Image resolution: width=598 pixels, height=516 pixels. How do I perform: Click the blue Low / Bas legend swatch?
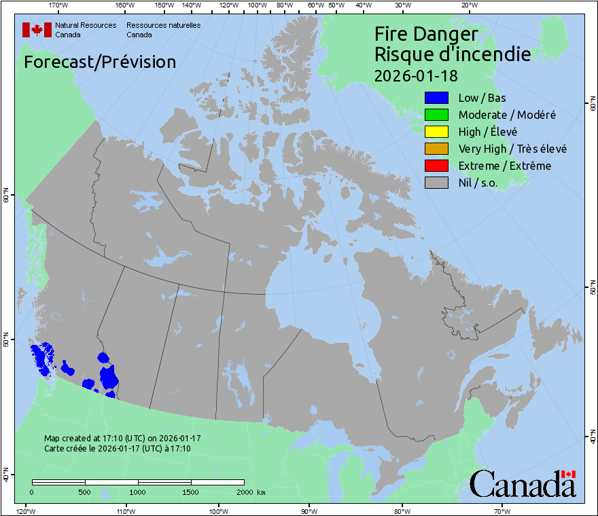[x=436, y=98]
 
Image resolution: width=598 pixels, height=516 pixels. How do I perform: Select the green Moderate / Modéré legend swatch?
[x=436, y=115]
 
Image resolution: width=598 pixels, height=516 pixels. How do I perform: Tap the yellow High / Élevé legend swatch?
[x=436, y=132]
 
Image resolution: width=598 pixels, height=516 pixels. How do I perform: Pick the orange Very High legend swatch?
[x=436, y=149]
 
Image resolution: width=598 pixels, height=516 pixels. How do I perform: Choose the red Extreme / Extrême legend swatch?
[x=436, y=166]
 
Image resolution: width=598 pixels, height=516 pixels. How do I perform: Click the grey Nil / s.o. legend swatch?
[x=436, y=183]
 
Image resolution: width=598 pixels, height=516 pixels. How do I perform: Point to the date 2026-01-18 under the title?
[x=415, y=75]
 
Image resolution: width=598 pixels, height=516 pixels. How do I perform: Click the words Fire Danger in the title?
[x=426, y=34]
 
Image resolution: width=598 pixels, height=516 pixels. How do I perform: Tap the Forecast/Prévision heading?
[x=100, y=62]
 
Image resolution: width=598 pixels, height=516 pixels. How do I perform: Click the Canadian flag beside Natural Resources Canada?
[x=37, y=30]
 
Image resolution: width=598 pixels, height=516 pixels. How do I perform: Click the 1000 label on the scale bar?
[x=138, y=492]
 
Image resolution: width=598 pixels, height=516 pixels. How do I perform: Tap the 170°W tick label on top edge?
[x=58, y=5]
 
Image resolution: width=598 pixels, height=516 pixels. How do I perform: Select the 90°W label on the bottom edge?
[x=309, y=511]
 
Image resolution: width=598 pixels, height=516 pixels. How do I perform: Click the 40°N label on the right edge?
[x=593, y=438]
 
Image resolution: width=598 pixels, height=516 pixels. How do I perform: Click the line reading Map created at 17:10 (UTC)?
[x=122, y=439]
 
